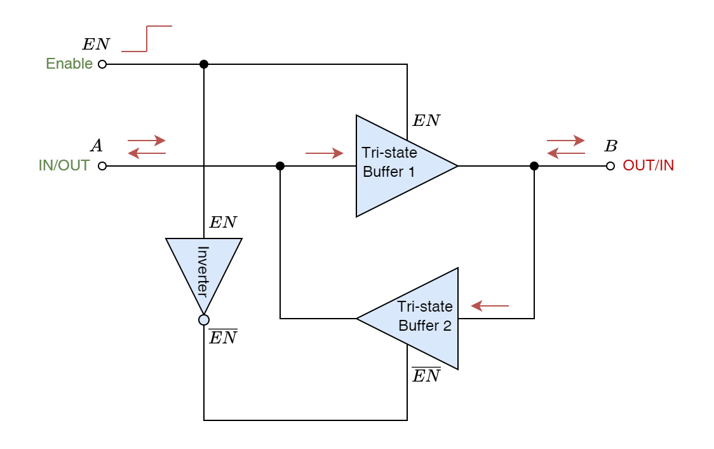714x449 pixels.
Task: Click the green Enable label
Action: [x=69, y=64]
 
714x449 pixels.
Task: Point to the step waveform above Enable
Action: [x=147, y=39]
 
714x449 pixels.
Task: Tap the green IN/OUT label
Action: [x=64, y=165]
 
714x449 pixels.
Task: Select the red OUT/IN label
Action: [x=649, y=165]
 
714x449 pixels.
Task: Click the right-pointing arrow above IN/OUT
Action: [x=147, y=140]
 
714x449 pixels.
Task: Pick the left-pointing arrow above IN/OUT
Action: [x=147, y=153]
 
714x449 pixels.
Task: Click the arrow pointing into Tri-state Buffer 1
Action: [x=325, y=153]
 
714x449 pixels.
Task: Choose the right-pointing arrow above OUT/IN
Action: [x=566, y=140]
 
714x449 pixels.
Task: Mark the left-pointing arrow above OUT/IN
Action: [x=566, y=153]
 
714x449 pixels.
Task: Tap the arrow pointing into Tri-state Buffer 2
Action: [x=490, y=307]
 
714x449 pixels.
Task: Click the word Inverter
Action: [x=203, y=272]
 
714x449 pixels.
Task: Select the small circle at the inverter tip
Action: [x=204, y=320]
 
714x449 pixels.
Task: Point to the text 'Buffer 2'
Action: [x=425, y=326]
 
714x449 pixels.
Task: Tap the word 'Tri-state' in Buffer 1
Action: [x=389, y=153]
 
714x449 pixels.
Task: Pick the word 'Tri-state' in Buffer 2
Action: [x=425, y=307]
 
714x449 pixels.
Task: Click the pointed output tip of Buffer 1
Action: [x=454, y=166]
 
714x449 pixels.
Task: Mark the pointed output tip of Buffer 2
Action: [x=361, y=319]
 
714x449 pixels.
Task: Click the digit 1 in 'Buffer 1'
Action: [x=411, y=172]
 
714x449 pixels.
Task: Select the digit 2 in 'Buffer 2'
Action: [x=447, y=326]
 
